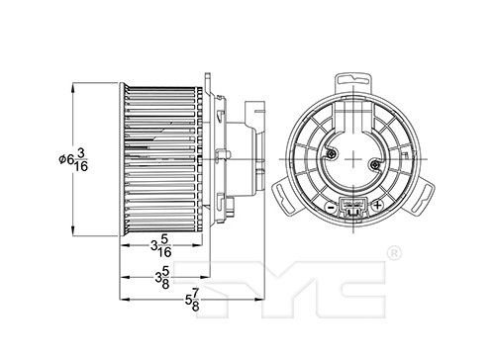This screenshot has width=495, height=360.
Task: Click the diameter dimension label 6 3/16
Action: (73, 160)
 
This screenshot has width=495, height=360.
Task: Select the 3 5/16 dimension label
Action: (161, 245)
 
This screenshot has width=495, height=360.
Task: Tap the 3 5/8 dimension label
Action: (162, 278)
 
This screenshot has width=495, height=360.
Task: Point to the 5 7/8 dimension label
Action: (193, 300)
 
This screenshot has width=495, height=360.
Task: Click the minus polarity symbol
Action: (331, 207)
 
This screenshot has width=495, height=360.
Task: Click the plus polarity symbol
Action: (377, 206)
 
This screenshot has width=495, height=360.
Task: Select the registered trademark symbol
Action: (394, 254)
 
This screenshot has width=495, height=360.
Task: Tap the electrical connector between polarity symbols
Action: (353, 208)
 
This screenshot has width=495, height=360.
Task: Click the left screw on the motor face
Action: (331, 153)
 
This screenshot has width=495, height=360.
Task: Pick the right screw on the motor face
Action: (374, 164)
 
